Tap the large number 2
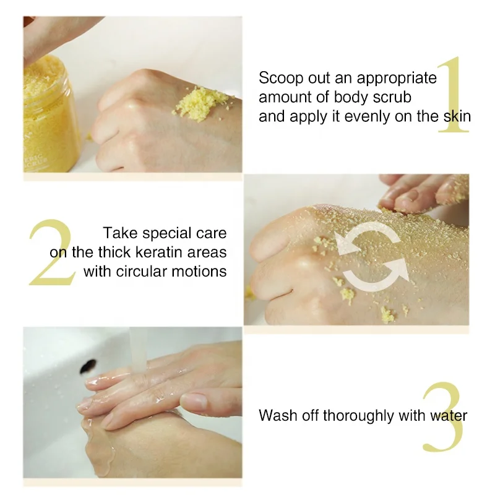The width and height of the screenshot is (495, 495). (49, 252)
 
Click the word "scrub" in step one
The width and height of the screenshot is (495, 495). (393, 97)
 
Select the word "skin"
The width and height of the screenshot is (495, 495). (454, 116)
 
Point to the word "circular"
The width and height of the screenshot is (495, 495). (142, 270)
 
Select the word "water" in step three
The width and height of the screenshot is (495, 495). (449, 415)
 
